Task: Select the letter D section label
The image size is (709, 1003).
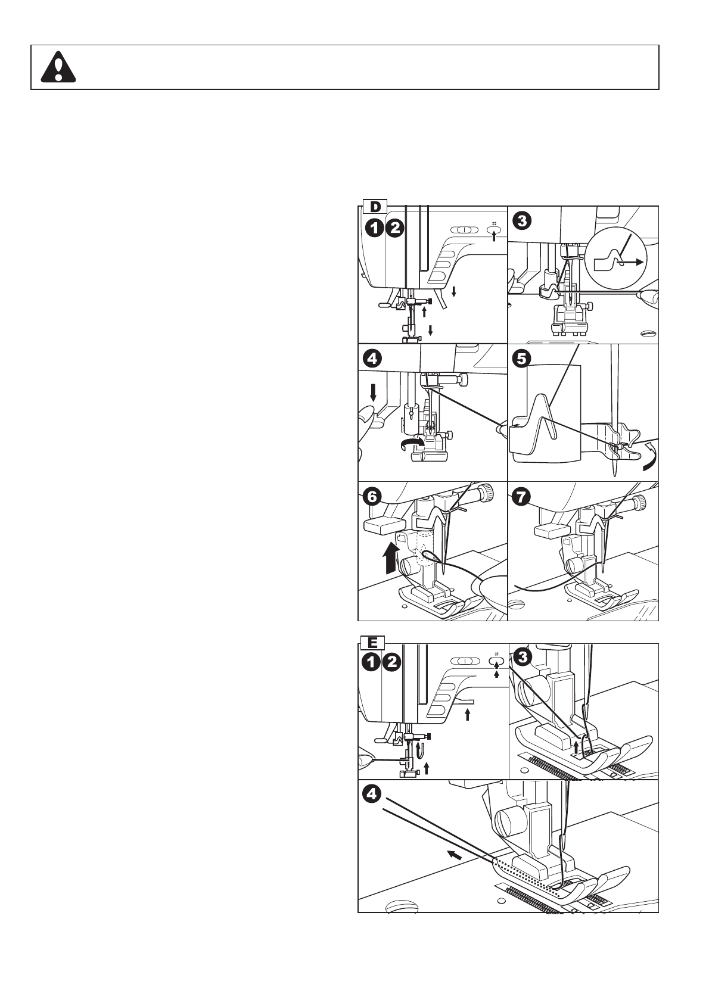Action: pyautogui.click(x=375, y=207)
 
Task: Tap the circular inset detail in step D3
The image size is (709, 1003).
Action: pyautogui.click(x=615, y=257)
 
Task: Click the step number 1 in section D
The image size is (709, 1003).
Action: pyautogui.click(x=374, y=227)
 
